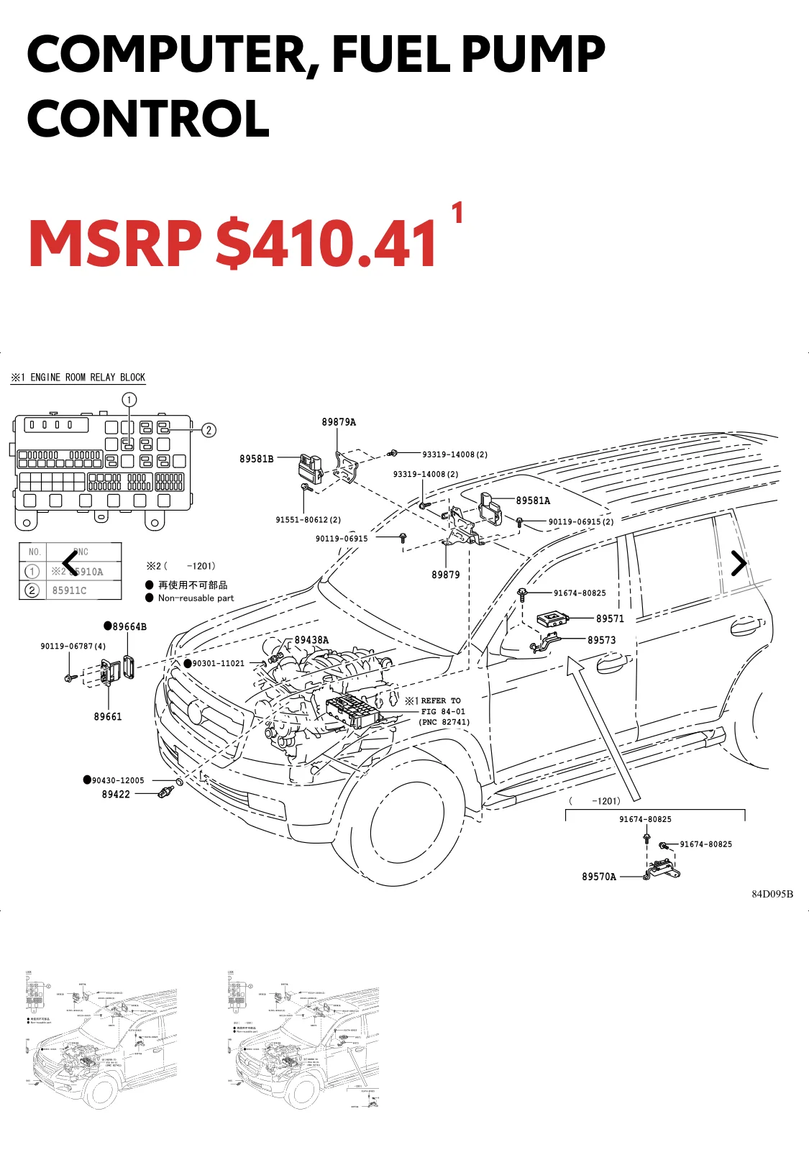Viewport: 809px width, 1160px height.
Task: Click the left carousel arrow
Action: [x=70, y=563]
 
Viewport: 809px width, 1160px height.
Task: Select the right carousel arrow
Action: [x=739, y=563]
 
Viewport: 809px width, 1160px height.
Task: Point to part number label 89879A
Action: [x=339, y=422]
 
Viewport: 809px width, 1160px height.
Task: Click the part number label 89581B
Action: [x=257, y=459]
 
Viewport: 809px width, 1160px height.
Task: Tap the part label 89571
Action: [x=610, y=618]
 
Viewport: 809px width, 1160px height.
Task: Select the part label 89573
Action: [x=601, y=640]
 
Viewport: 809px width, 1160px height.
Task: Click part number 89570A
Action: [x=599, y=877]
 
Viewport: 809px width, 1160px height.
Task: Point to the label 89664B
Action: [x=129, y=626]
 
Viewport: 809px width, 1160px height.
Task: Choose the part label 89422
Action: [x=116, y=794]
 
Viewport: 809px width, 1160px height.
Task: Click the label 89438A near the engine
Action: [x=311, y=640]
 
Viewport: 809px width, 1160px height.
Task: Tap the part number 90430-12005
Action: [x=118, y=780]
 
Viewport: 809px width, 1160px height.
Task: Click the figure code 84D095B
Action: [x=772, y=894]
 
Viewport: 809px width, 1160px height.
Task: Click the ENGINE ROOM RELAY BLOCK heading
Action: [x=87, y=378]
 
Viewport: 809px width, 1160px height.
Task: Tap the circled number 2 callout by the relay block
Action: [x=209, y=430]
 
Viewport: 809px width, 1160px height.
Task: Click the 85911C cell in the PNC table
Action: [x=69, y=590]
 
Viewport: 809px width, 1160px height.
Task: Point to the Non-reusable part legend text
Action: [x=196, y=598]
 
